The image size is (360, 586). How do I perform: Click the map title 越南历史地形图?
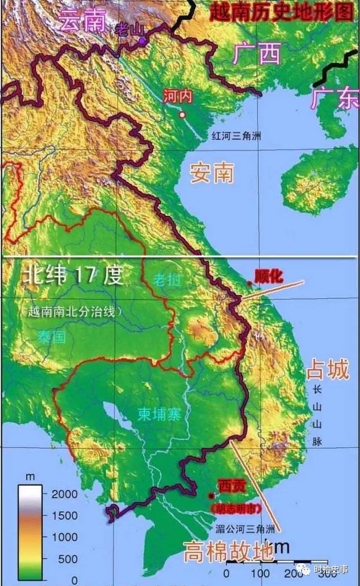[281, 11]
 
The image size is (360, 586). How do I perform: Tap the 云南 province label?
[84, 22]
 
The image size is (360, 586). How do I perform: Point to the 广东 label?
[334, 98]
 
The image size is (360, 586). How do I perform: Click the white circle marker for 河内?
[183, 115]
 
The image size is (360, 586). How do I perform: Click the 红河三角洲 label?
[236, 136]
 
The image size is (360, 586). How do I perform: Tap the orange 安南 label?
[212, 172]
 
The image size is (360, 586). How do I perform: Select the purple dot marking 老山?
[142, 41]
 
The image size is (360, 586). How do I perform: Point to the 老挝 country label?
[167, 280]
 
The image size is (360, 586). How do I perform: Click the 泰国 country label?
[52, 336]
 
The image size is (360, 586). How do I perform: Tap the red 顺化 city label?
[268, 276]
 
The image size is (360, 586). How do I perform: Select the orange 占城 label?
[327, 370]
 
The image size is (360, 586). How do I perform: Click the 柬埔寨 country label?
[159, 415]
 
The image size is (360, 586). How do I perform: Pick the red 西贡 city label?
[232, 486]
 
